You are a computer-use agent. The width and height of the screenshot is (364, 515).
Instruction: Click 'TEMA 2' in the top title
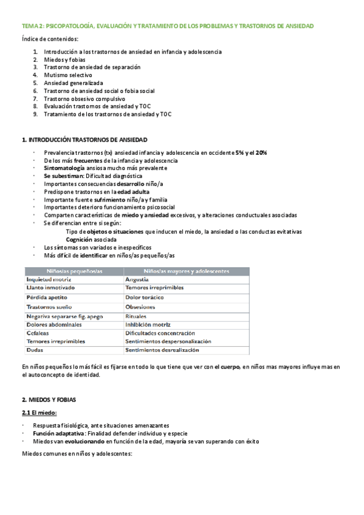(x=31, y=27)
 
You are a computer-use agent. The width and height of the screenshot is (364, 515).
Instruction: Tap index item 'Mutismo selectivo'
(x=67, y=75)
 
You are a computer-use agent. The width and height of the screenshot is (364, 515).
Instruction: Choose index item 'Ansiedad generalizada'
(x=74, y=83)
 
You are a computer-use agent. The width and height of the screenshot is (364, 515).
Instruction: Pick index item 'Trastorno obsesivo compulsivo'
(x=84, y=98)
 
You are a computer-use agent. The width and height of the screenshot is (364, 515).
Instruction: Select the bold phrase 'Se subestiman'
(x=63, y=176)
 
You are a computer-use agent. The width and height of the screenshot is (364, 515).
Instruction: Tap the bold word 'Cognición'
(x=83, y=239)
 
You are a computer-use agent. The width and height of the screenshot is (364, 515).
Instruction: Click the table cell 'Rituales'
(x=136, y=317)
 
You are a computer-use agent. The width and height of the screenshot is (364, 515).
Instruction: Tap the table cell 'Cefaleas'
(x=38, y=333)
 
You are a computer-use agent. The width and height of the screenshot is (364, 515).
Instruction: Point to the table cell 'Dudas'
(x=34, y=350)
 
